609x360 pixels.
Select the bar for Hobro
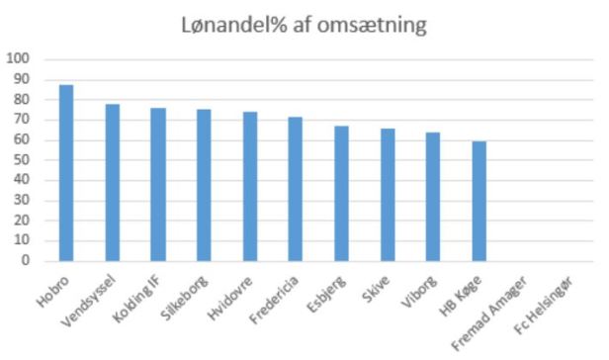pyautogui.click(x=66, y=173)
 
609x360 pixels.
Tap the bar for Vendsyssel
pyautogui.click(x=113, y=183)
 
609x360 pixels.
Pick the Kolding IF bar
pyautogui.click(x=158, y=185)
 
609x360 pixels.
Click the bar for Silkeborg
pyautogui.click(x=204, y=186)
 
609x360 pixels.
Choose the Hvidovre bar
pyautogui.click(x=250, y=187)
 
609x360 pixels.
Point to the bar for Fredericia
pyautogui.click(x=296, y=189)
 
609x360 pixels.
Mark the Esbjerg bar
pyautogui.click(x=341, y=194)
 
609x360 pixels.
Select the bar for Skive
pyautogui.click(x=388, y=195)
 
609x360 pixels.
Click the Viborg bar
pyautogui.click(x=433, y=197)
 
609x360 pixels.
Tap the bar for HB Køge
pyautogui.click(x=479, y=202)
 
